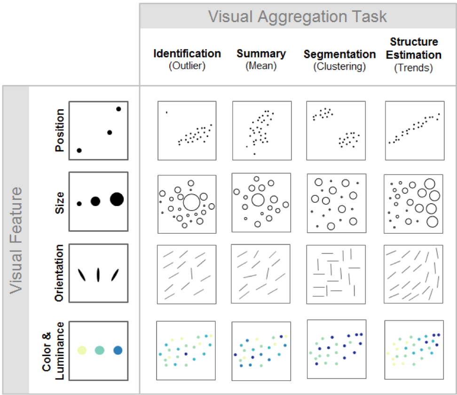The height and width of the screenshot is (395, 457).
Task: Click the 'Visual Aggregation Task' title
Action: click(297, 17)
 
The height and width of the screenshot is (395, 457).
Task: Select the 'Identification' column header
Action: click(187, 54)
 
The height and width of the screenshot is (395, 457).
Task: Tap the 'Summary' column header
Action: click(260, 54)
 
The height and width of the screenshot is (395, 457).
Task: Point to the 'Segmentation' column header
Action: click(339, 55)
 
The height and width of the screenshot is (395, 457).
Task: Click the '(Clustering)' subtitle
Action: click(339, 66)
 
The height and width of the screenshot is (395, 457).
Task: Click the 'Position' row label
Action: click(60, 130)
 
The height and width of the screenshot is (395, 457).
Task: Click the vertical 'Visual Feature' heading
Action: click(16, 240)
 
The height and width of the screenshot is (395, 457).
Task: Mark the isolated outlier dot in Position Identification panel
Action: click(166, 112)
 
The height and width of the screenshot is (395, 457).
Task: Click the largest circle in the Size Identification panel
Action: click(191, 202)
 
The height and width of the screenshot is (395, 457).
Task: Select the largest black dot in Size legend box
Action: click(117, 199)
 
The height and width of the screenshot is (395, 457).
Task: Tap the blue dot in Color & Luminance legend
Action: click(118, 350)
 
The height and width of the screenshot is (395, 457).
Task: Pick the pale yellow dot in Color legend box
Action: click(81, 350)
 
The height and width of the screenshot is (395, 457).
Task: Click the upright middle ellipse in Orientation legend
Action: click(98, 274)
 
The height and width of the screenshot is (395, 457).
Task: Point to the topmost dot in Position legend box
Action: click(118, 109)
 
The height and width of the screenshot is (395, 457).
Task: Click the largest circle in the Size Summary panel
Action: click(257, 200)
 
